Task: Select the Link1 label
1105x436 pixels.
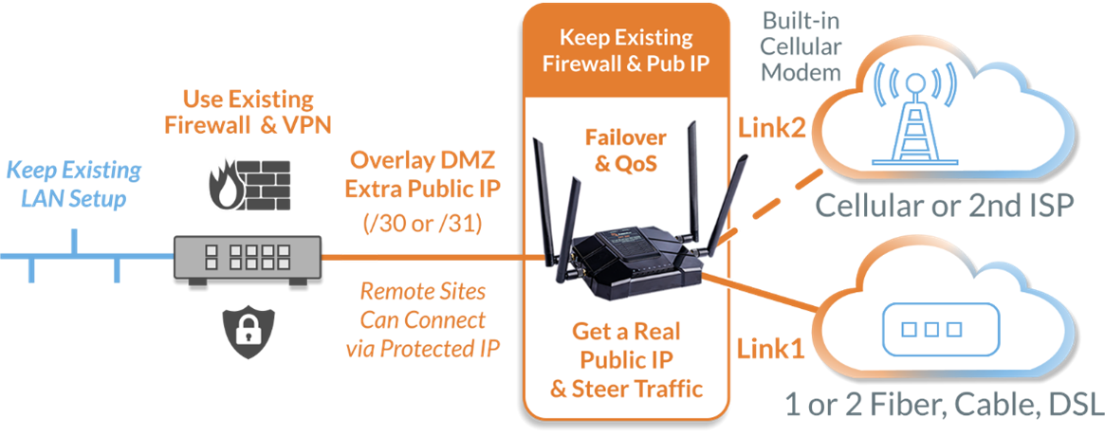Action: [771, 349]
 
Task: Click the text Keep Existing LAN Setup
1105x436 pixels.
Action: [73, 186]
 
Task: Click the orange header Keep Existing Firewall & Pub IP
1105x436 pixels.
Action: [625, 49]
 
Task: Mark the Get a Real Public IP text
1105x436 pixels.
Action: [625, 359]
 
